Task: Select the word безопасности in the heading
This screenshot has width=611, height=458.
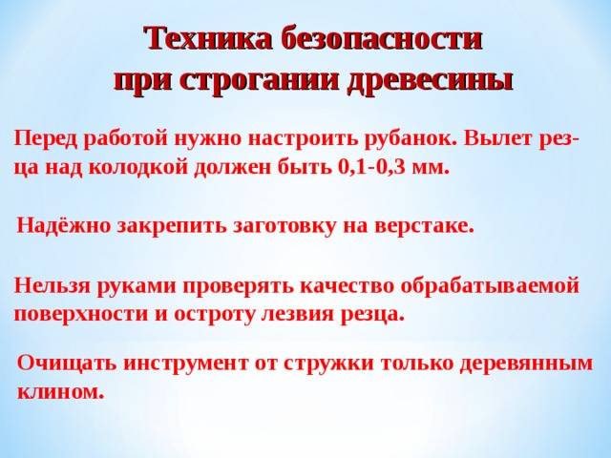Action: pyautogui.click(x=382, y=38)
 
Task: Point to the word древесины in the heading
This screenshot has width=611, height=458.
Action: pyautogui.click(x=429, y=81)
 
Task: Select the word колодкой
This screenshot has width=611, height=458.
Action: pyautogui.click(x=137, y=169)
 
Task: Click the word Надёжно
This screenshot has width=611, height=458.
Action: pyautogui.click(x=64, y=226)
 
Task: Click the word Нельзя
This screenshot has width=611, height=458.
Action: pyautogui.click(x=53, y=286)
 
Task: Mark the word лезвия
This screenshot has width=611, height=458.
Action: pyautogui.click(x=297, y=314)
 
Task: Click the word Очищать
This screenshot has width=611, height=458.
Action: pyautogui.click(x=67, y=363)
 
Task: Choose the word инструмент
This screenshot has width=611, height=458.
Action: pyautogui.click(x=186, y=364)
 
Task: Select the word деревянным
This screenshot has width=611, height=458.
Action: pyautogui.click(x=526, y=364)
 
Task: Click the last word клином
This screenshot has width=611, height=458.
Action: pyautogui.click(x=61, y=392)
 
